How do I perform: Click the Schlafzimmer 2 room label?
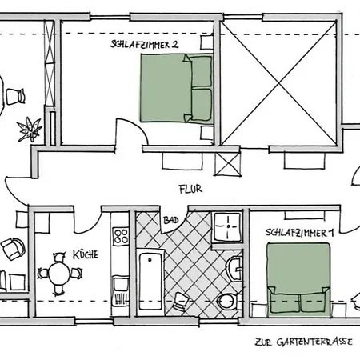144,45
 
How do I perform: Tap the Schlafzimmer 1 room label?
299,233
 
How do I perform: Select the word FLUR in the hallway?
190,190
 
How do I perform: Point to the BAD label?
170,220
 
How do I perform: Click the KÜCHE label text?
86,254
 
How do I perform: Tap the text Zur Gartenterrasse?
304,342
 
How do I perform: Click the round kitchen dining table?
59,274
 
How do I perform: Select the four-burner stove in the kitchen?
121,236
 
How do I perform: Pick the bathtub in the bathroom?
150,282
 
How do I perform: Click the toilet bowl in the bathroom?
226,302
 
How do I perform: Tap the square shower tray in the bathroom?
228,226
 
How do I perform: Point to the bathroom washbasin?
234,268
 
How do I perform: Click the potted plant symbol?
29,130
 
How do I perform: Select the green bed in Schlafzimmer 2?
177,88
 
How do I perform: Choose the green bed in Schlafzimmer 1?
298,278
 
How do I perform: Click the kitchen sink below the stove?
120,290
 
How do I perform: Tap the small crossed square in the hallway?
227,164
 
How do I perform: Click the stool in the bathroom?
181,302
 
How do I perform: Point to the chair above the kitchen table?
59,257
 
